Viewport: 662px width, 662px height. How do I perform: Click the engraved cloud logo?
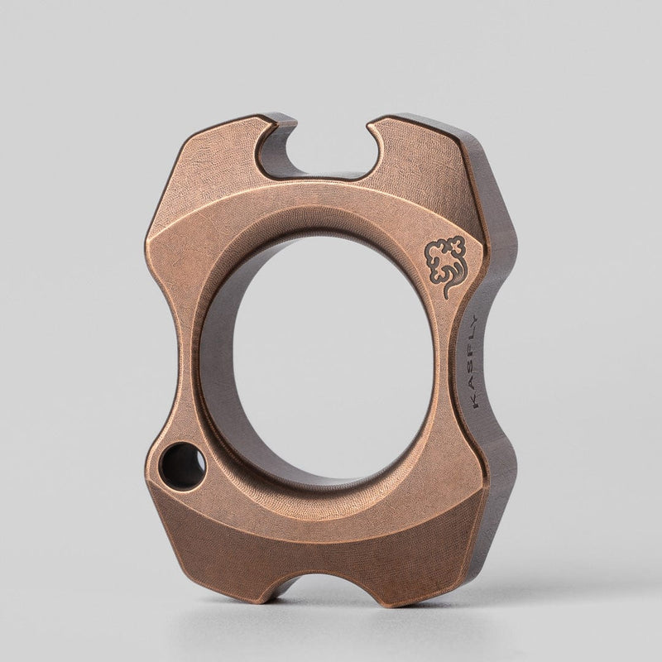[444, 263]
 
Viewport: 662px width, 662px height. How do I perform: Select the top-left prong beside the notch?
[219, 149]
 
